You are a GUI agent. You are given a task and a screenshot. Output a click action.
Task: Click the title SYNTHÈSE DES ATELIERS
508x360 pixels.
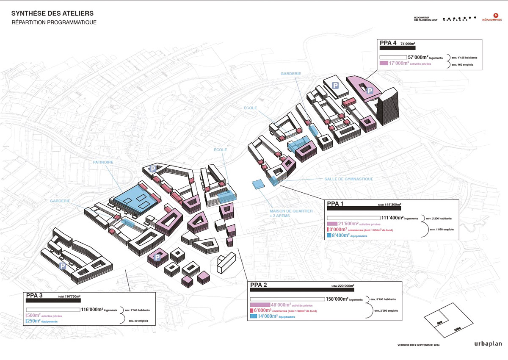(52, 14)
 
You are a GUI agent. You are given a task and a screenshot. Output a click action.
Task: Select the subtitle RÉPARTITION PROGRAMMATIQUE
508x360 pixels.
(54, 22)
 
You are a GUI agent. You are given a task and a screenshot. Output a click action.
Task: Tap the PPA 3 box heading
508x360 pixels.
(34, 296)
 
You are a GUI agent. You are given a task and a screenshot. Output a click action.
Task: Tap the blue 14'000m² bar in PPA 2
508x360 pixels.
(254, 316)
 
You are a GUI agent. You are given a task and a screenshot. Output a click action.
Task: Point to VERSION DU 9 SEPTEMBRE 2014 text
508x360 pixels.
(420, 345)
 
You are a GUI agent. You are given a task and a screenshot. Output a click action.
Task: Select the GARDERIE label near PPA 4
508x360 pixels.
(291, 73)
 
